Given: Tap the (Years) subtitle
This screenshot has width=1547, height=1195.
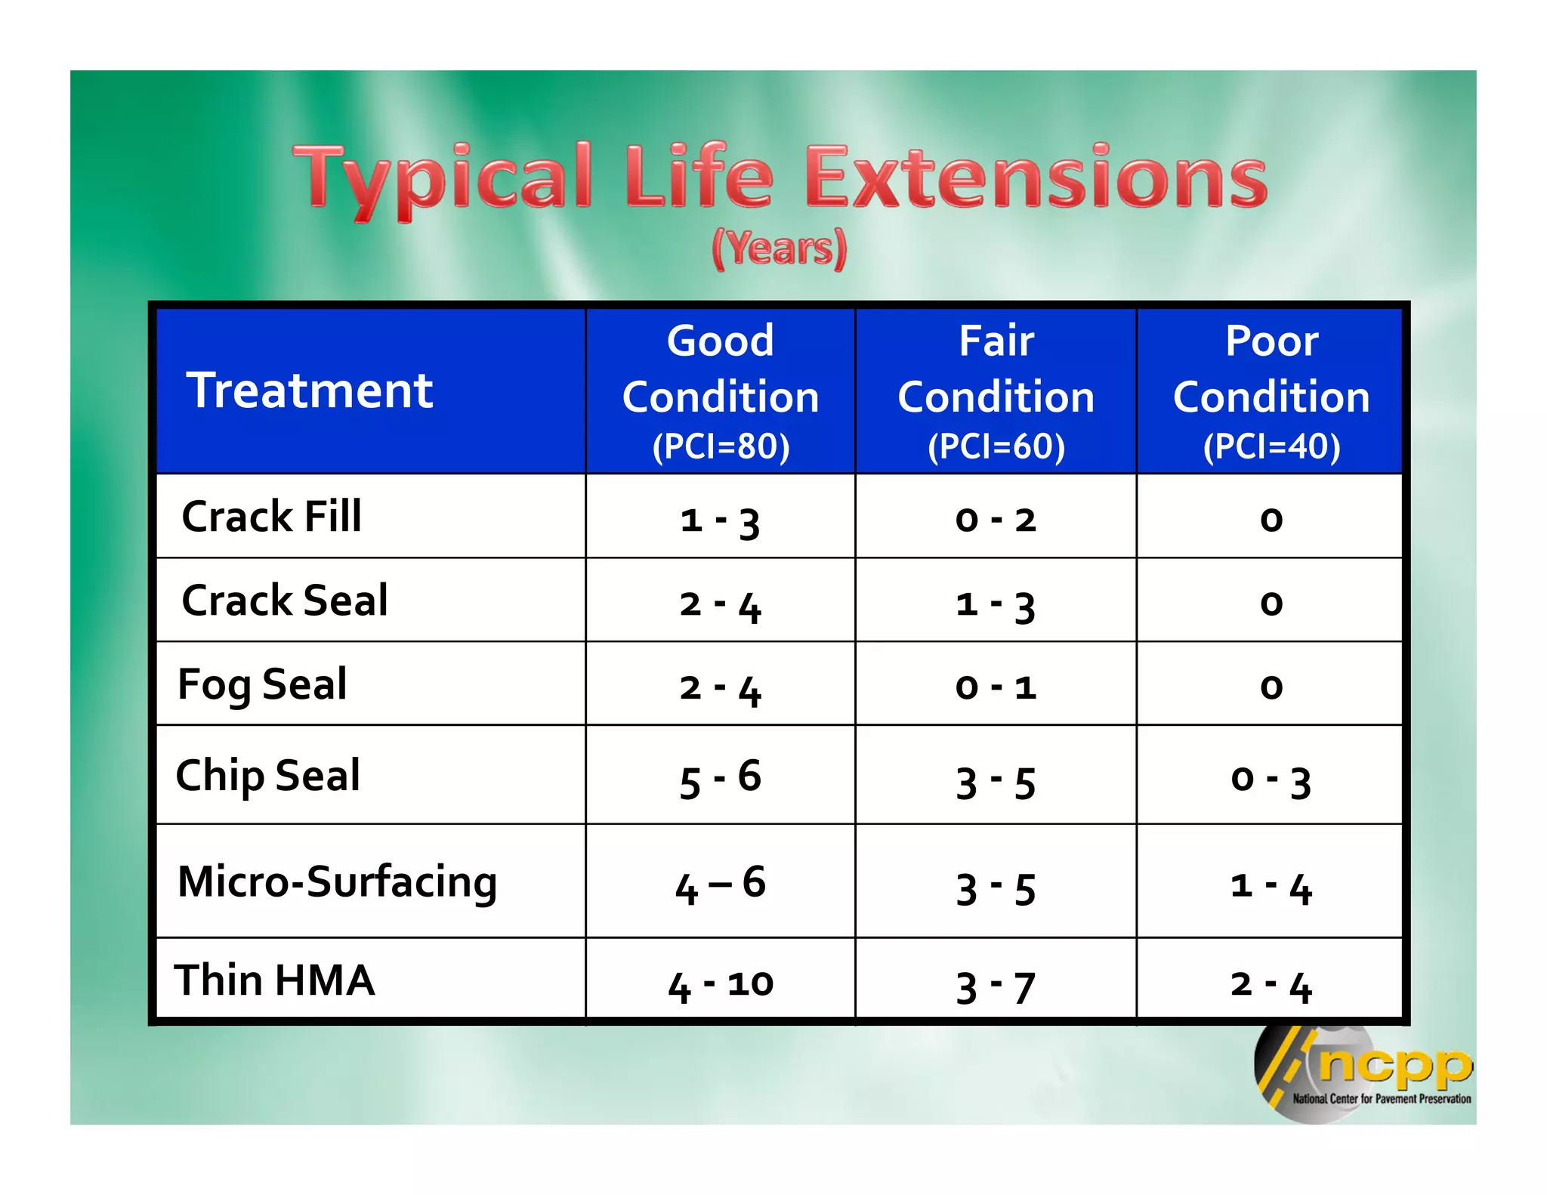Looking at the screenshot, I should [x=779, y=249].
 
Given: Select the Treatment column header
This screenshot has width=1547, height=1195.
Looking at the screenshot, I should [x=310, y=391].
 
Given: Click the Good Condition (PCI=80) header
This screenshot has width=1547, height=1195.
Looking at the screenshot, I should [x=721, y=391].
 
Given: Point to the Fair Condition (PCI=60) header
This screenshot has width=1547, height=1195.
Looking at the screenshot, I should [x=996, y=391].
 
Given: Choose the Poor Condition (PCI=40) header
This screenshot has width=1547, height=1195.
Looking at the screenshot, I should [x=1271, y=391].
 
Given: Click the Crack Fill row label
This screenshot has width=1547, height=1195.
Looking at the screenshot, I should [x=271, y=517].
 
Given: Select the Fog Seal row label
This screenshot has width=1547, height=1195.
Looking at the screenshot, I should [x=262, y=684].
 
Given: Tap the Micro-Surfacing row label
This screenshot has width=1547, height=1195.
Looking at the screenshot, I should [x=337, y=882].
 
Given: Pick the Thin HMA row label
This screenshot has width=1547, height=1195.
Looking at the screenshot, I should [x=274, y=980].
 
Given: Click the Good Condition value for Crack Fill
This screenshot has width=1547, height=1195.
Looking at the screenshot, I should [x=720, y=520].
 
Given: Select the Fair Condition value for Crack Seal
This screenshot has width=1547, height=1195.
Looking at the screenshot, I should [x=996, y=604].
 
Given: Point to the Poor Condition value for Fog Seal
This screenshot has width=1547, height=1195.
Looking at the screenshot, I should [x=1271, y=687].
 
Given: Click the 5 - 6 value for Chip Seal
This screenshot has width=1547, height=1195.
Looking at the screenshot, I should [x=720, y=778].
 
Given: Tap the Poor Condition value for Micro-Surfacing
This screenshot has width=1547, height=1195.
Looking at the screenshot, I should [x=1271, y=885].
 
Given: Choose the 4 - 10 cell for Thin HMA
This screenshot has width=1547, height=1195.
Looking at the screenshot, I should [x=720, y=984].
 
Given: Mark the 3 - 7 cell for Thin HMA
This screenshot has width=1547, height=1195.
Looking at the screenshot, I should [x=996, y=985].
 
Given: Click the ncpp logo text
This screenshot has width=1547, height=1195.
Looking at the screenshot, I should [x=1395, y=1065].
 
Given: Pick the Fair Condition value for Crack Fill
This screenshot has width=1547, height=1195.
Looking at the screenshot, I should [x=996, y=520].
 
